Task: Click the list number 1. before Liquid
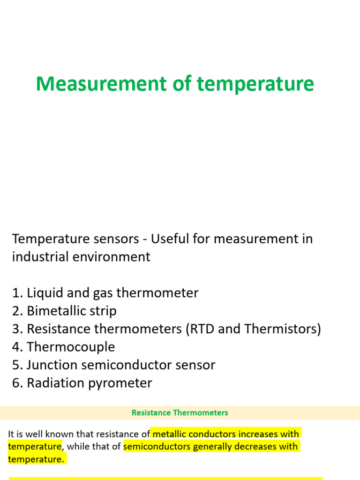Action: point(17,293)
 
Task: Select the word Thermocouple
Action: point(71,347)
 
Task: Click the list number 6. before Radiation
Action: point(17,383)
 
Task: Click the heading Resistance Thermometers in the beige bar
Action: point(180,413)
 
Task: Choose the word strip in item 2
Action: point(102,311)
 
